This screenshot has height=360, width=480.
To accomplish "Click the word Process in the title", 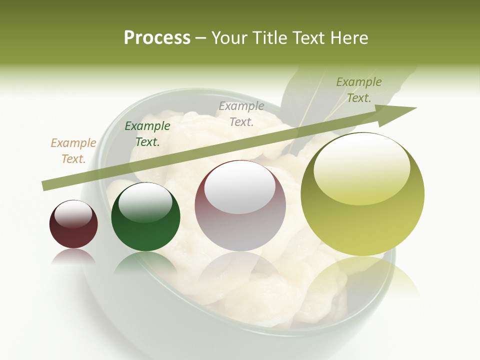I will click(x=157, y=38).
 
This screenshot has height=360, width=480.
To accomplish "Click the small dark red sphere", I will click(x=73, y=224).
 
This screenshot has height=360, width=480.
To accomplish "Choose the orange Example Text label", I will click(x=73, y=151).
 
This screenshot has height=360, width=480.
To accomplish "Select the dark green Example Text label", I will click(x=147, y=134).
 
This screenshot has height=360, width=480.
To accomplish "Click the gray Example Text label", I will click(x=241, y=113).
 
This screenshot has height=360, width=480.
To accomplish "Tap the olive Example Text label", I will click(x=358, y=90).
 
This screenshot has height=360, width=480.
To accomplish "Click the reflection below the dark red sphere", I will click(x=73, y=256).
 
